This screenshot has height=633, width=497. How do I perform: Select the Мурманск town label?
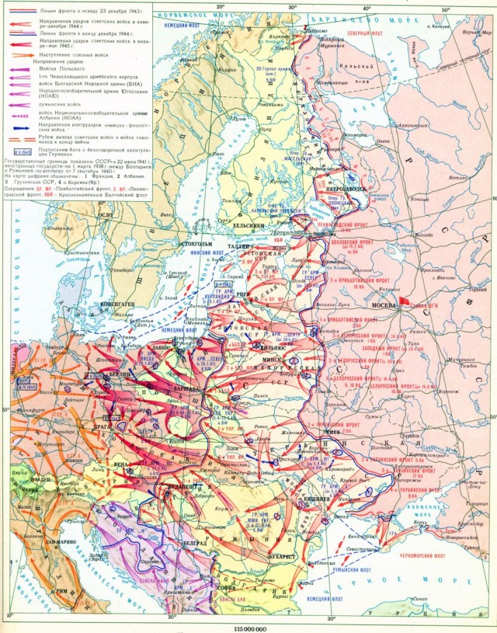point(315,46)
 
